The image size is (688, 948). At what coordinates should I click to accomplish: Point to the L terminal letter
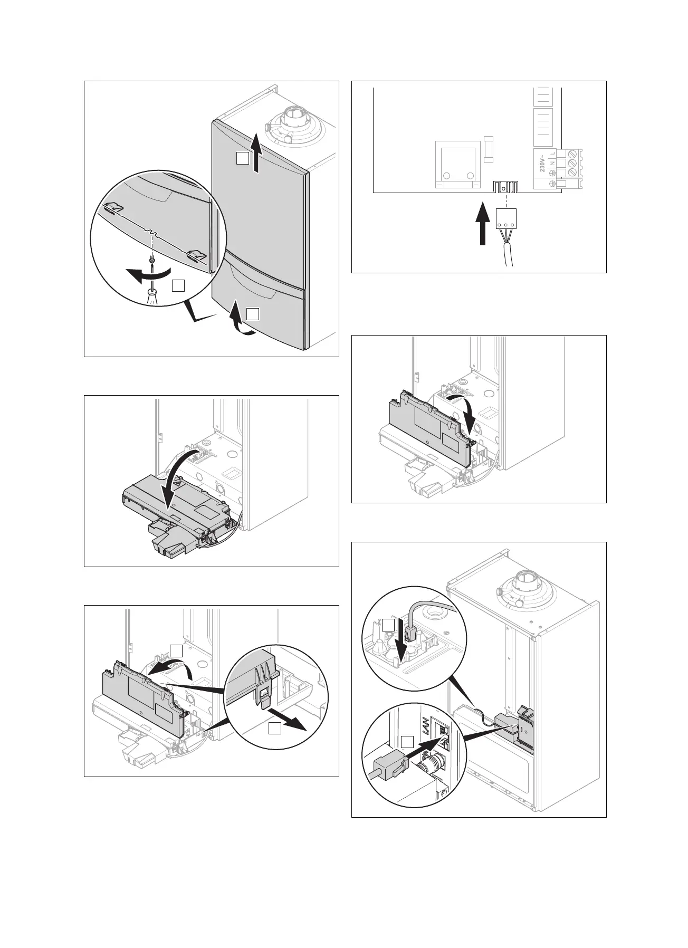(x=551, y=153)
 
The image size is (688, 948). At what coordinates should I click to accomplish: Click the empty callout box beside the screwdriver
(x=178, y=286)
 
